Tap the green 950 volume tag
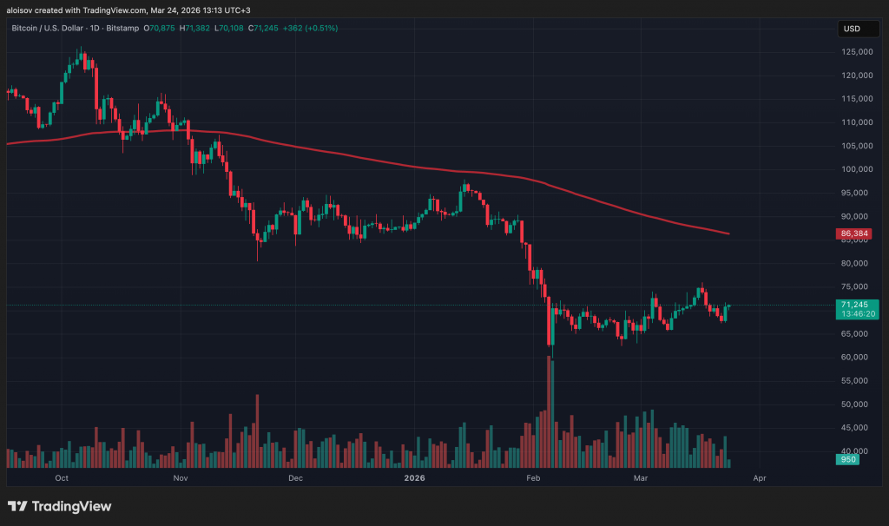click(848, 459)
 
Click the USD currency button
click(852, 29)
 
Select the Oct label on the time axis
click(62, 477)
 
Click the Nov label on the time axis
click(181, 477)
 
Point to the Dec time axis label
click(294, 477)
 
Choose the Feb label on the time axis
click(535, 477)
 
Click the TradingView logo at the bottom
click(59, 506)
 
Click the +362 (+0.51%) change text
click(309, 29)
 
